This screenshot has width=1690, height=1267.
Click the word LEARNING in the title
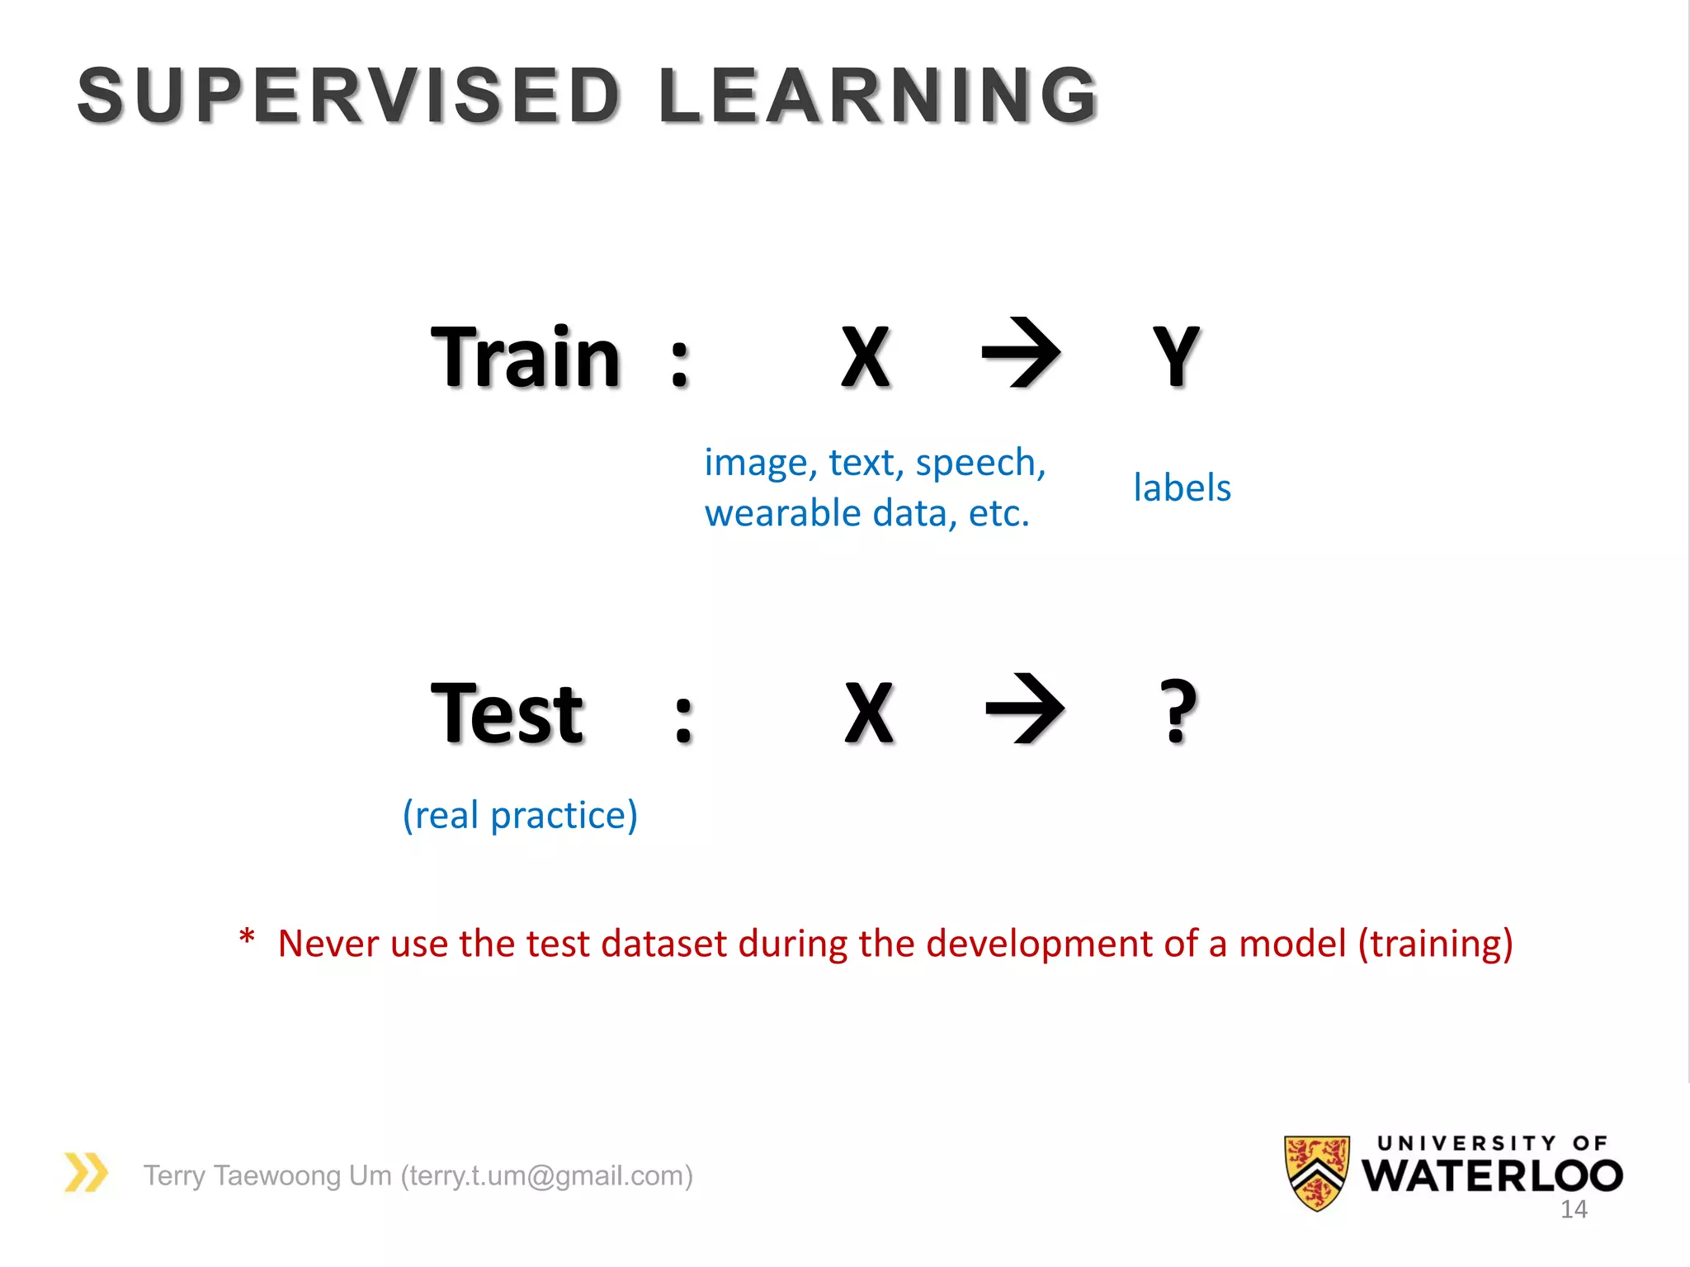(x=878, y=96)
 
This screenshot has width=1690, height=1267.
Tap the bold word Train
(x=526, y=358)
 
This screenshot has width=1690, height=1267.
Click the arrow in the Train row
(x=1021, y=353)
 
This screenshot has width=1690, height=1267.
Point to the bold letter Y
(x=1175, y=357)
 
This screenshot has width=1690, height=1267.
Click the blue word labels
(x=1182, y=487)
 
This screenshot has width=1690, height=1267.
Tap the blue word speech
(x=980, y=464)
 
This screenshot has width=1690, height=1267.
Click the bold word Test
(x=507, y=714)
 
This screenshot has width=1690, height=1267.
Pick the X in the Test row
(x=869, y=714)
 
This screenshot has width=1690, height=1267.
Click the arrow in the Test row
(x=1025, y=709)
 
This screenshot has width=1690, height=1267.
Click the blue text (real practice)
(x=520, y=816)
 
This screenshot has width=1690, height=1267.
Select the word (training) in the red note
(x=1435, y=944)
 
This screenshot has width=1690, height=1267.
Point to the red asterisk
(x=246, y=939)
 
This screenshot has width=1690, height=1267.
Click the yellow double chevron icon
(x=86, y=1173)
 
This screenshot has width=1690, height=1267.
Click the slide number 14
(x=1574, y=1210)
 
